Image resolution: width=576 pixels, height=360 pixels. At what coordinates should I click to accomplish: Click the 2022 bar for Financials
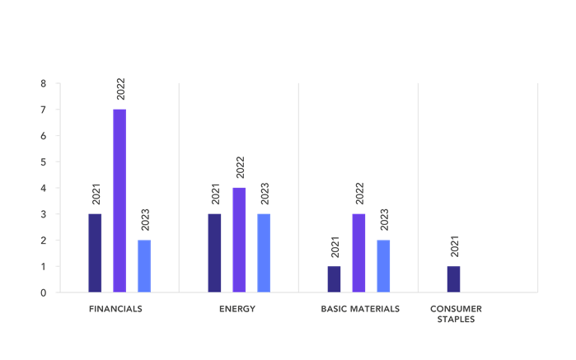pyautogui.click(x=119, y=200)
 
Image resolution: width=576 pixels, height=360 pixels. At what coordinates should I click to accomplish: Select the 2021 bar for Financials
pyautogui.click(x=95, y=253)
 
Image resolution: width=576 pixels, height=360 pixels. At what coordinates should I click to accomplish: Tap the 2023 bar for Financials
pyautogui.click(x=144, y=265)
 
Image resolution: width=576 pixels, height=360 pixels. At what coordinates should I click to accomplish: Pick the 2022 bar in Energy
pyautogui.click(x=239, y=240)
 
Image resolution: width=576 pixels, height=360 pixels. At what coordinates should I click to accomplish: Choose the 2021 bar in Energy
pyautogui.click(x=214, y=253)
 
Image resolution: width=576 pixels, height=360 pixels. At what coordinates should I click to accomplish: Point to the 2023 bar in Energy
pyautogui.click(x=264, y=253)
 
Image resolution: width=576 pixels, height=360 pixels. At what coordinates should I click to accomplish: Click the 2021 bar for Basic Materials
pyautogui.click(x=334, y=278)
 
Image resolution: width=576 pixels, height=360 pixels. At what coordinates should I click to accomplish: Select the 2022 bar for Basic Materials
pyautogui.click(x=358, y=253)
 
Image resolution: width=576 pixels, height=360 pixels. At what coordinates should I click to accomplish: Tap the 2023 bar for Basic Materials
pyautogui.click(x=383, y=265)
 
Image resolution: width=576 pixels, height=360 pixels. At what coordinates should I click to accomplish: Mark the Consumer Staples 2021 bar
pyautogui.click(x=453, y=278)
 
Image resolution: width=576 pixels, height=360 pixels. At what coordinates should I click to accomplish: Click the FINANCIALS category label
pyautogui.click(x=115, y=309)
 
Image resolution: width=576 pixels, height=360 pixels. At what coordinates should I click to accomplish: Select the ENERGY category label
pyautogui.click(x=237, y=309)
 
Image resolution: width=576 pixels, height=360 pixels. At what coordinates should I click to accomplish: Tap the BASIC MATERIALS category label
pyautogui.click(x=360, y=309)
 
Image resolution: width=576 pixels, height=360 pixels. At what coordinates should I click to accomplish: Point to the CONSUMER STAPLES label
pyautogui.click(x=456, y=314)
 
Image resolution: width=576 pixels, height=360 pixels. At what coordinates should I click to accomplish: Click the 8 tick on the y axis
pyautogui.click(x=43, y=83)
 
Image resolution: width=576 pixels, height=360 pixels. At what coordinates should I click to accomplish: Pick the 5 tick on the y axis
pyautogui.click(x=43, y=161)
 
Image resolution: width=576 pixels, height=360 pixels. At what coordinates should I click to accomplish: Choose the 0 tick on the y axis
pyautogui.click(x=43, y=292)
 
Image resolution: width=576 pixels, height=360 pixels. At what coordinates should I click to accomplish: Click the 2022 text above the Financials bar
pyautogui.click(x=120, y=90)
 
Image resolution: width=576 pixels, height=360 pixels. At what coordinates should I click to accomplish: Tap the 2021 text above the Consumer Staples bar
pyautogui.click(x=454, y=246)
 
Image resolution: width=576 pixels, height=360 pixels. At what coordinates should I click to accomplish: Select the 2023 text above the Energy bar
pyautogui.click(x=265, y=194)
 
